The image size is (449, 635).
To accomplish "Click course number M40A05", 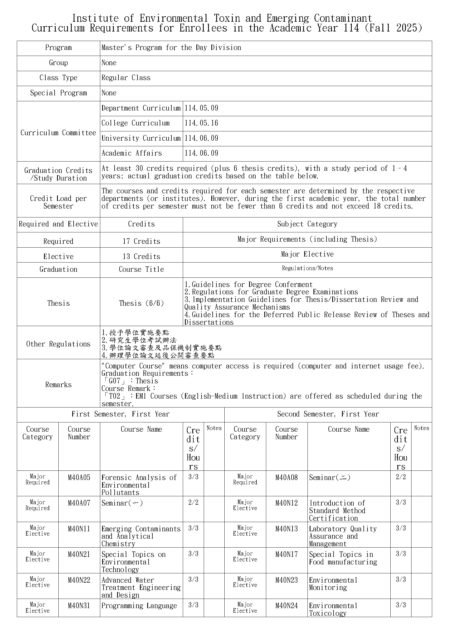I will point(79,478).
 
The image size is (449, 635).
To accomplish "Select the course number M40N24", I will point(286,606).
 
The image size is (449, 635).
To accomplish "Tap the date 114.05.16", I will point(201,123).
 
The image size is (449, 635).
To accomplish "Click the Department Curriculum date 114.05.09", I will point(201,108).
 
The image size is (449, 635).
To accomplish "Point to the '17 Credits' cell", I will point(141,241).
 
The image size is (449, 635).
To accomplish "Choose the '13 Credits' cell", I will point(141,256).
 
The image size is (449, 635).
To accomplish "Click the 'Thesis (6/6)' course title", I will point(141,303).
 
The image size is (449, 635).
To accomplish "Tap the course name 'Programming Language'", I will point(139,606).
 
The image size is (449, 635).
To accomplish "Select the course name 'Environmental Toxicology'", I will point(333,609).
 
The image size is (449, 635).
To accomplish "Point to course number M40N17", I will point(286,555).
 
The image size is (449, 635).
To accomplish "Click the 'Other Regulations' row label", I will point(58,344).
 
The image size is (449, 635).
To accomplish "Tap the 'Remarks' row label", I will point(58,385).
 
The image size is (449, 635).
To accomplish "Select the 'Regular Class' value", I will point(126,78).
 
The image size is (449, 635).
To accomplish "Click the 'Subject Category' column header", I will point(307,224).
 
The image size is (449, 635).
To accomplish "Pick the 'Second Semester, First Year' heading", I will point(328,414).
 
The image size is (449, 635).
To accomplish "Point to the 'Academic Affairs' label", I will point(131,153).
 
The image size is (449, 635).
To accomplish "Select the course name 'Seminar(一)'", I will point(122,503).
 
